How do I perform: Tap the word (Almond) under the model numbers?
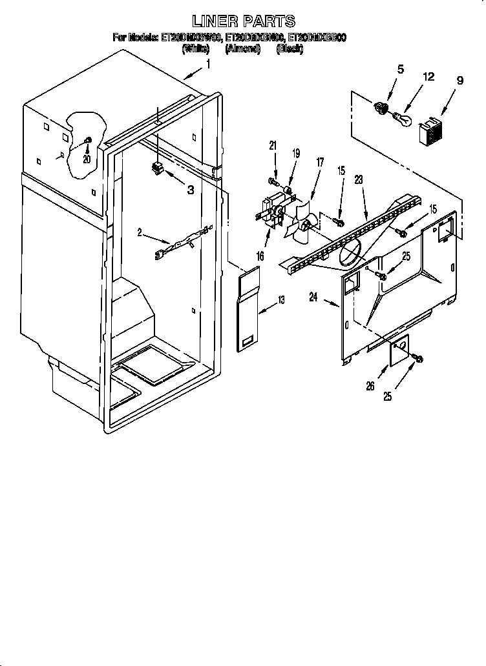242,48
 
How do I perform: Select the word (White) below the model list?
195,48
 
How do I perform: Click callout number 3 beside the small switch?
191,189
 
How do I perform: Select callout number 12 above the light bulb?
427,77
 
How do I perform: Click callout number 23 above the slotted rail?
358,181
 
